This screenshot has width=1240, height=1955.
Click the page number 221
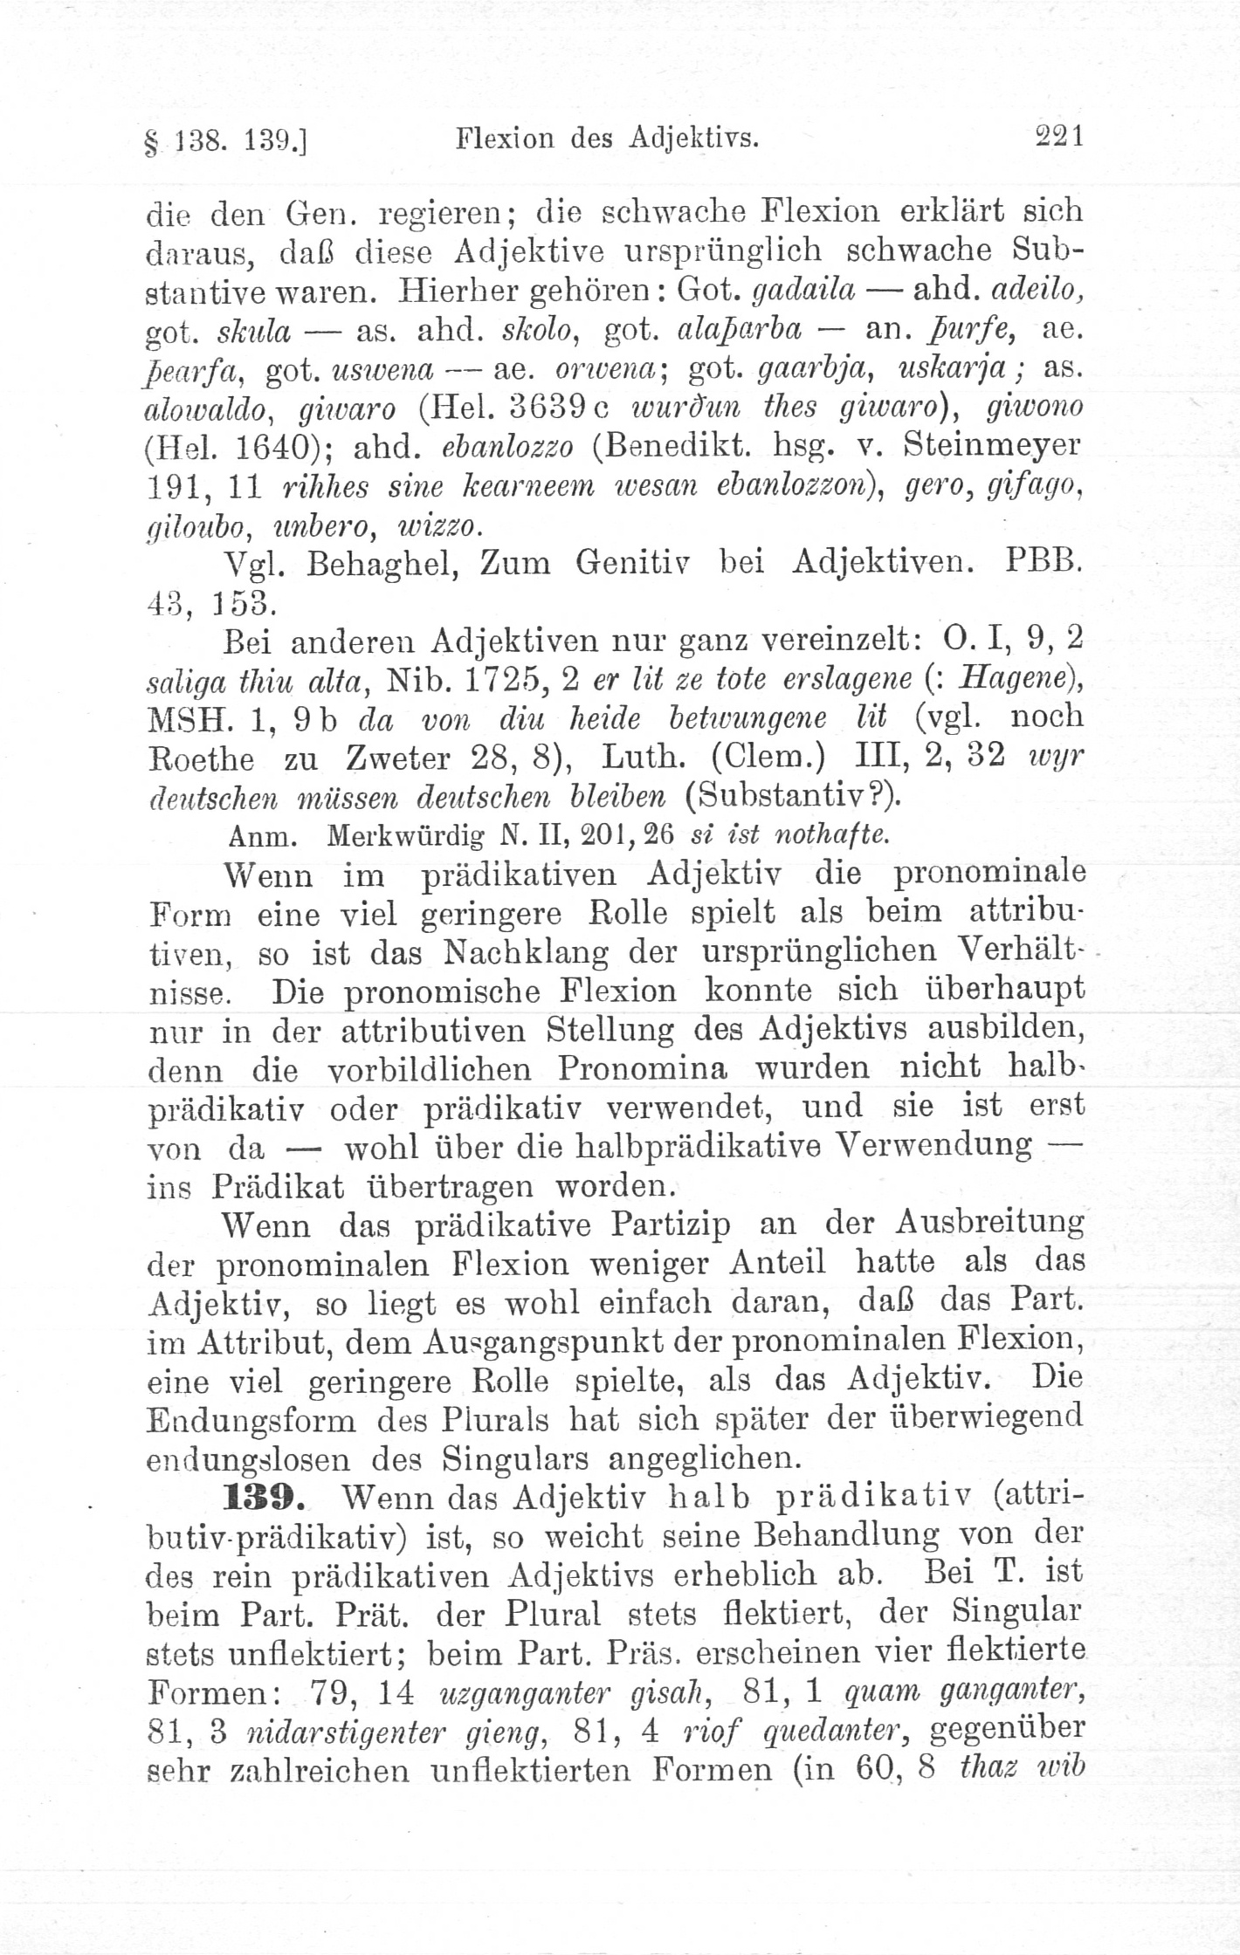tap(1058, 137)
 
